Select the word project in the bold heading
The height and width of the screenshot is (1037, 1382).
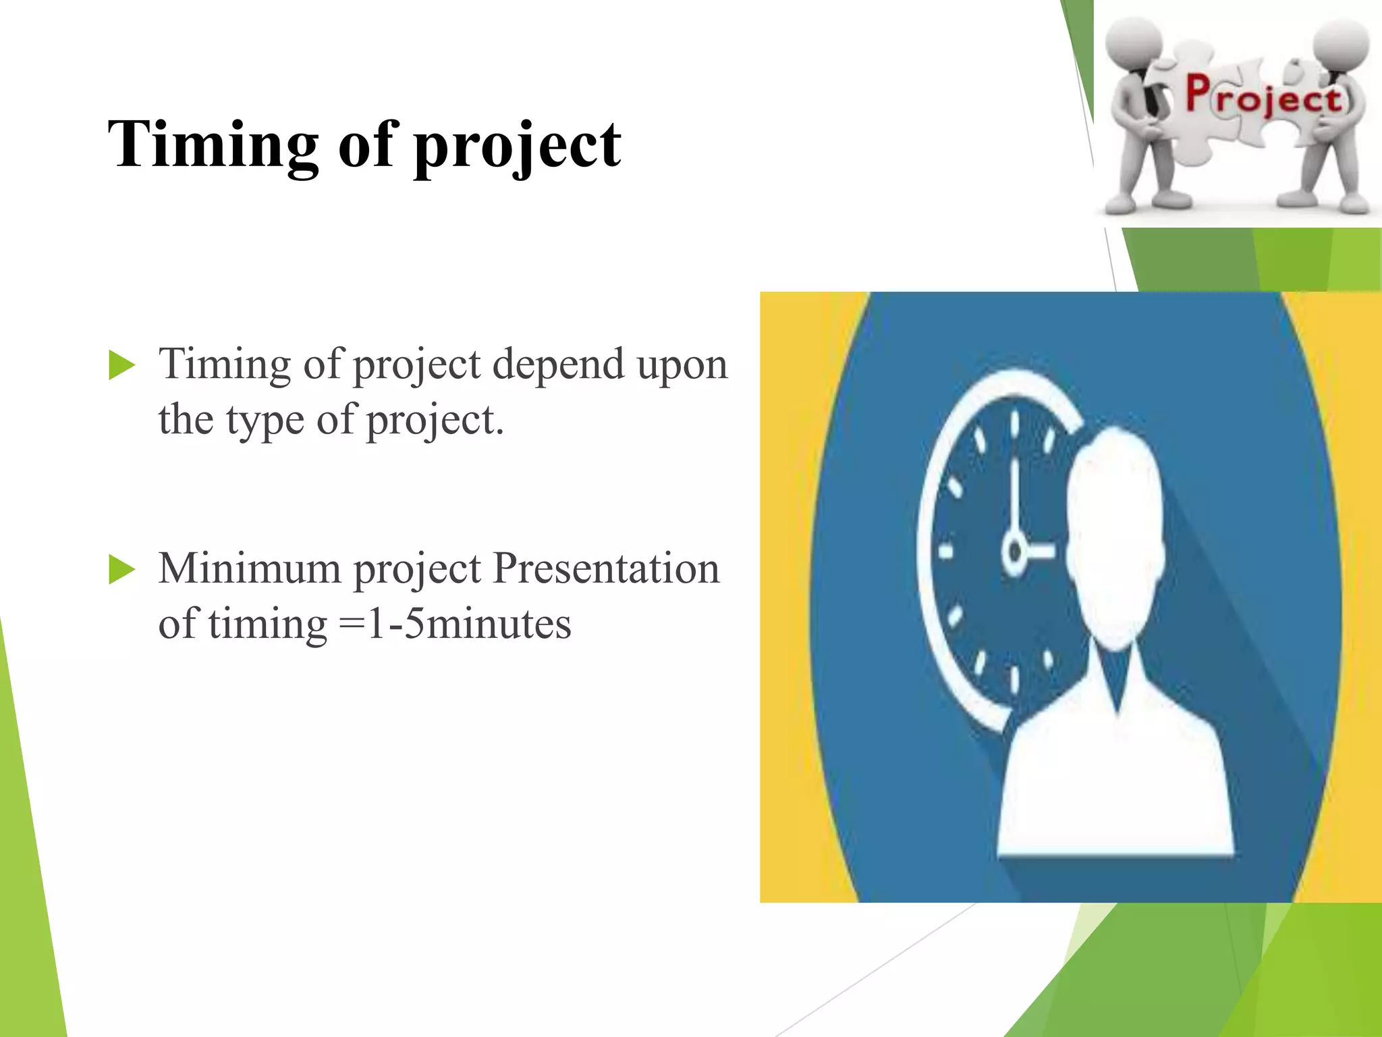click(x=517, y=147)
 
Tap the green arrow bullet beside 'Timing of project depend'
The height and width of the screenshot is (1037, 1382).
click(x=121, y=366)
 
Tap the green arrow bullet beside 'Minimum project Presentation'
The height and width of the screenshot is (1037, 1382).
click(x=121, y=570)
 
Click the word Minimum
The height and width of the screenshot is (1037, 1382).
click(x=249, y=568)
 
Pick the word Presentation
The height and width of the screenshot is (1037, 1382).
click(x=606, y=568)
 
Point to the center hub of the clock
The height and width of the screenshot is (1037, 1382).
click(x=1014, y=551)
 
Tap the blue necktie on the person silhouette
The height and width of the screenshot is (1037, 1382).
click(x=1117, y=675)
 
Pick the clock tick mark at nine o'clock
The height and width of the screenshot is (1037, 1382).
click(x=946, y=552)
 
